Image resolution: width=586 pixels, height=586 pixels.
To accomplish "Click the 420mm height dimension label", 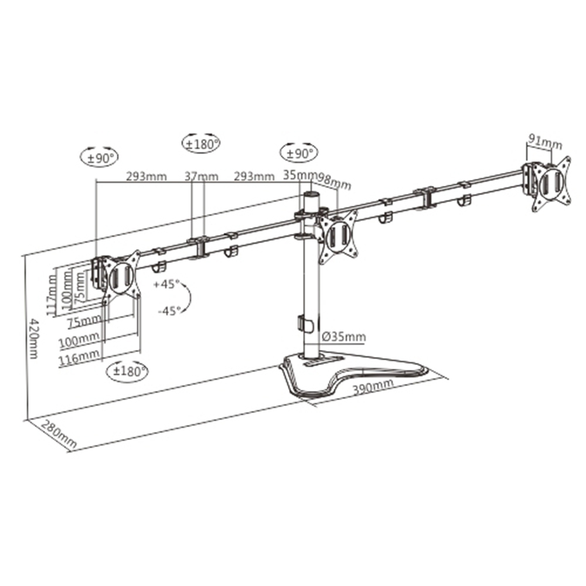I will (x=34, y=339).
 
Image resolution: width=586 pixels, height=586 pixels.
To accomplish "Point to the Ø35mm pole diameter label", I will (x=345, y=336).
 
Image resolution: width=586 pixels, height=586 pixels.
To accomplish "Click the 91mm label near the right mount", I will (x=545, y=141).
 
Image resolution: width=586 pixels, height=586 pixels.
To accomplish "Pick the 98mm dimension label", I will (x=335, y=181).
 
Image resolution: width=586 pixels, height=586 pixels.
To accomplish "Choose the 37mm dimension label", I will (x=201, y=176).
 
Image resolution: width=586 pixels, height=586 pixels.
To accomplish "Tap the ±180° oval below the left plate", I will (x=127, y=371).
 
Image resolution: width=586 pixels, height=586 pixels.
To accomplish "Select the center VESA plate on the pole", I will (x=339, y=236).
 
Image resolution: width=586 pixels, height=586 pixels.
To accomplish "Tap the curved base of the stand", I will (x=352, y=375).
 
